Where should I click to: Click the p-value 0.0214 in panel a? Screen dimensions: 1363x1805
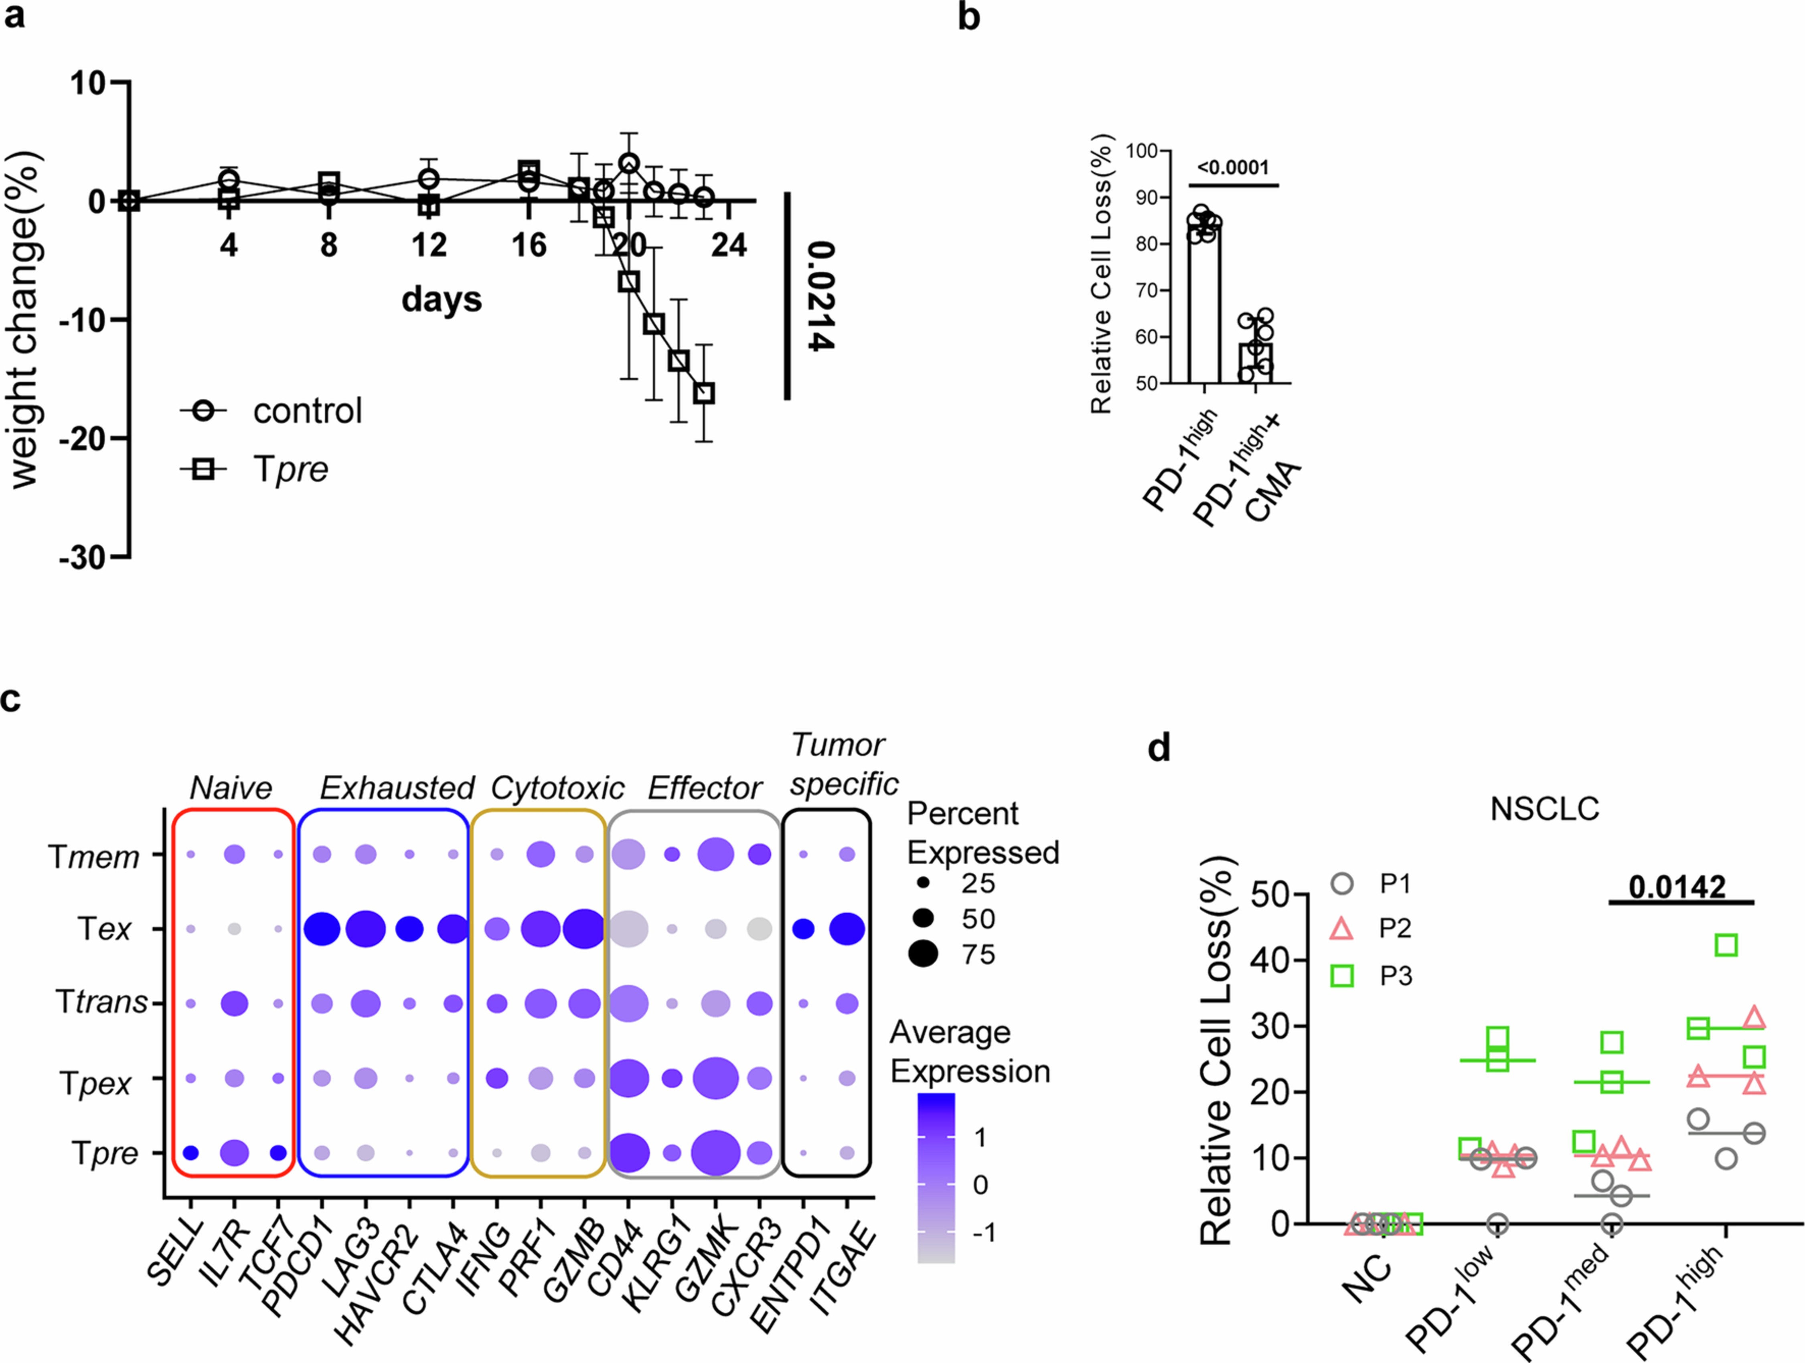click(x=820, y=296)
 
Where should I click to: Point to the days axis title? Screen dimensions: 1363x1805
click(x=442, y=300)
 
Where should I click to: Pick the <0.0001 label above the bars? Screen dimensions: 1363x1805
click(x=1233, y=168)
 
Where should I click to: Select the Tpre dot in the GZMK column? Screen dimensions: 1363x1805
click(x=716, y=1152)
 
